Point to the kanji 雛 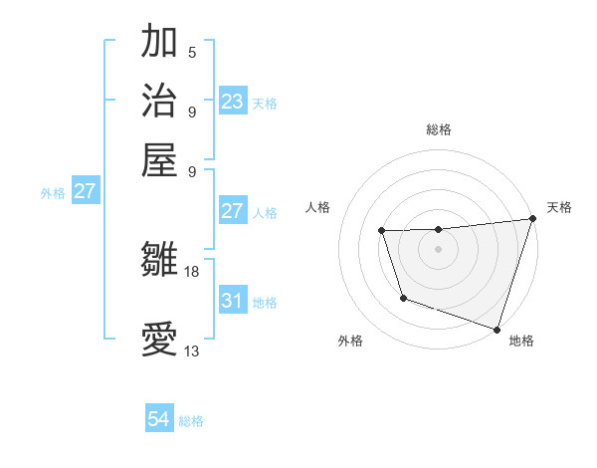(x=160, y=260)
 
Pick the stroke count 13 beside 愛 (x=192, y=351)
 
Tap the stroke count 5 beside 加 (x=192, y=53)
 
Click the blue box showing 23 (x=232, y=101)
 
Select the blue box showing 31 (x=232, y=300)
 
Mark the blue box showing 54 (x=158, y=419)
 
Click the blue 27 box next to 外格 (x=85, y=191)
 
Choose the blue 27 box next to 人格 (x=232, y=211)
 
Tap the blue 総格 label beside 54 (x=191, y=421)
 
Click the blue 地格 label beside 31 (x=265, y=302)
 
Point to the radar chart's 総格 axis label (x=438, y=129)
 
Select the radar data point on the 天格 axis (x=532, y=219)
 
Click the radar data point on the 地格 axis (x=497, y=329)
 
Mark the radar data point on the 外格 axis (x=403, y=298)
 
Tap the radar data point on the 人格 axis (x=382, y=231)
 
